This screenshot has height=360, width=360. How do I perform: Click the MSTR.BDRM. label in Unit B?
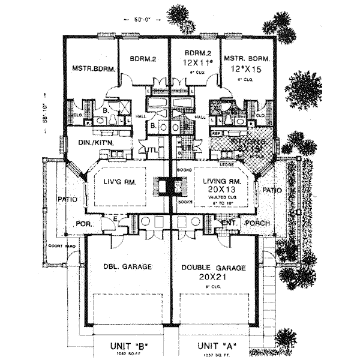pyautogui.click(x=90, y=67)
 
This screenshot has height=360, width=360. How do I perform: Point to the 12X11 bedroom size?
pyautogui.click(x=194, y=62)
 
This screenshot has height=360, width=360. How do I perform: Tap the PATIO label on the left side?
pyautogui.click(x=65, y=199)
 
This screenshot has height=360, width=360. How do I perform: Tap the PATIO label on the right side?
pyautogui.click(x=272, y=190)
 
